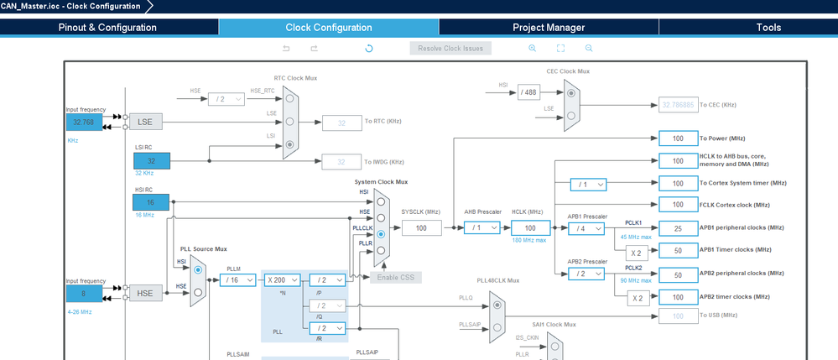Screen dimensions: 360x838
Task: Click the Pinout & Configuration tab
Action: [x=107, y=27]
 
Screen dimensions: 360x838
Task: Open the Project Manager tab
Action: [x=549, y=27]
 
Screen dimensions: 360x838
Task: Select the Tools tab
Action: [x=768, y=27]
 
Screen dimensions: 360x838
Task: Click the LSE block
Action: [x=145, y=122]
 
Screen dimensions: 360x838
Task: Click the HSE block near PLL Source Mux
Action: [x=145, y=293]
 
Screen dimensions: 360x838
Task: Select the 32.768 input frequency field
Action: [x=84, y=122]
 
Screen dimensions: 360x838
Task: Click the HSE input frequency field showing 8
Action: [x=84, y=293]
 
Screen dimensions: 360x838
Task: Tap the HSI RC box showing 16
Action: [x=151, y=203]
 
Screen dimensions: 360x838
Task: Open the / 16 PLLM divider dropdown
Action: [x=237, y=280]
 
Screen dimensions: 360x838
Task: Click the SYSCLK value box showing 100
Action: [x=420, y=227]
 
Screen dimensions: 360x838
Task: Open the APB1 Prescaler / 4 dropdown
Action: [x=586, y=227]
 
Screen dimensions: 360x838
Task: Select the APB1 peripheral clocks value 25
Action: [x=684, y=227]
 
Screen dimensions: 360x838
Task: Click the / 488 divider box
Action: [x=528, y=91]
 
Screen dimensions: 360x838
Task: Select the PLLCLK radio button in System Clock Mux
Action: [x=382, y=234]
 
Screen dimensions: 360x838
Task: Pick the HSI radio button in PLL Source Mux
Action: [x=198, y=270]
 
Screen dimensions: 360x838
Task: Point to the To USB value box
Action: [x=684, y=316]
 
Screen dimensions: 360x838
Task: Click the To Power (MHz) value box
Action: [x=684, y=138]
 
